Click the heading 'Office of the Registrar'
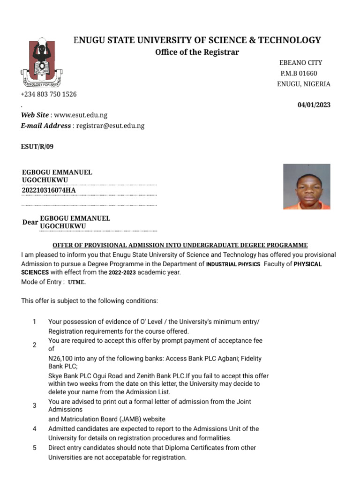(x=197, y=52)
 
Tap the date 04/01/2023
(x=314, y=105)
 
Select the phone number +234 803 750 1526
(x=49, y=94)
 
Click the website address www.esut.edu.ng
(x=81, y=115)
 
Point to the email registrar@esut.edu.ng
(x=110, y=126)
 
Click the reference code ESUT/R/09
(x=37, y=147)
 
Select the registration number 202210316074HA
(x=49, y=190)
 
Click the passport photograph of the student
(x=307, y=186)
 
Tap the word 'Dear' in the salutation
(x=30, y=222)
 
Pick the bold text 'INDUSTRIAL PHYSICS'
(x=233, y=264)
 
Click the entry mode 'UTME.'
(x=77, y=283)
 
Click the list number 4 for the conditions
(x=34, y=429)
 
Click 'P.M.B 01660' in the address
(x=299, y=74)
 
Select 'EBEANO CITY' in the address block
(x=300, y=63)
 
